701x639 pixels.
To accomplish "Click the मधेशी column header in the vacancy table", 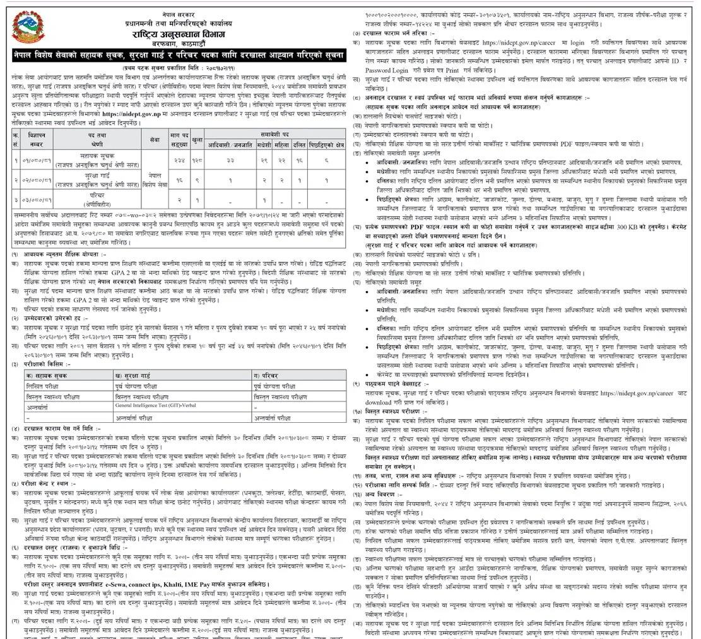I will (264, 143).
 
